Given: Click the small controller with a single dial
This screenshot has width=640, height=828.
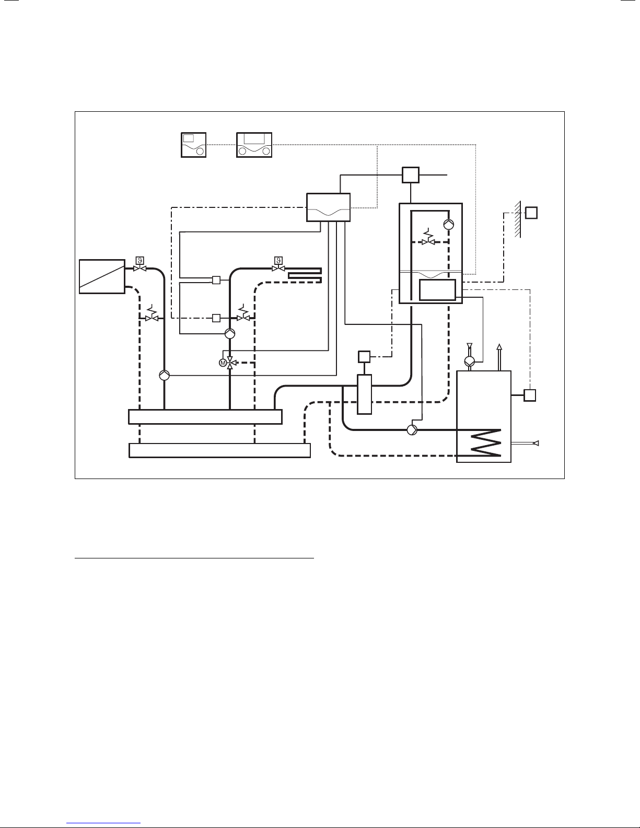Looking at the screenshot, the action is point(193,145).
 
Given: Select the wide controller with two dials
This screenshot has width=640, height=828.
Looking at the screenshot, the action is point(254,145).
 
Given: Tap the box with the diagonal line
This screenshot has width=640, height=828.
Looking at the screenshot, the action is point(102,276).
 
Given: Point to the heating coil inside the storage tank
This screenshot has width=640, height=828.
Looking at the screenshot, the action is point(485,442).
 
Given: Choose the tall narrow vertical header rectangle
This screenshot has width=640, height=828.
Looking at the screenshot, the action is point(364,394).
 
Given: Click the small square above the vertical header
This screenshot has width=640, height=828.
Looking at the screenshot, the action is point(364,357).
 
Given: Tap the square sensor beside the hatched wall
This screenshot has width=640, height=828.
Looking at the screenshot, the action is point(532,213).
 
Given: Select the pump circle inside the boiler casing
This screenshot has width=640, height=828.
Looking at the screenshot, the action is point(448,225).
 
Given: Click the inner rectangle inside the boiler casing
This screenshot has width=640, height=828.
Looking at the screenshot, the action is point(438,290).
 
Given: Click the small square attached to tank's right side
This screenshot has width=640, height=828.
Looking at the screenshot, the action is point(530,395).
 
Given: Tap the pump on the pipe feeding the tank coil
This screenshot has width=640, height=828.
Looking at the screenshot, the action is point(412,429).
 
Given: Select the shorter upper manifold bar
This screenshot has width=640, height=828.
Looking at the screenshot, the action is point(205,417).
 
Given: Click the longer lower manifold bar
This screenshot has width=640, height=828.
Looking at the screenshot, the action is point(219,450).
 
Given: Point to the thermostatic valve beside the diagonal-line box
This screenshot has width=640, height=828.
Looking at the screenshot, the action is point(139,265).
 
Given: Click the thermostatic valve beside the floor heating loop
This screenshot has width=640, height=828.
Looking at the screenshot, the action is point(278,265).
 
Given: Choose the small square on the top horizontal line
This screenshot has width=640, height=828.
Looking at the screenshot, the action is point(411,174).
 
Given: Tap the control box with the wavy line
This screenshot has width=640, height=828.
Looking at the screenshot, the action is point(328,207).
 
